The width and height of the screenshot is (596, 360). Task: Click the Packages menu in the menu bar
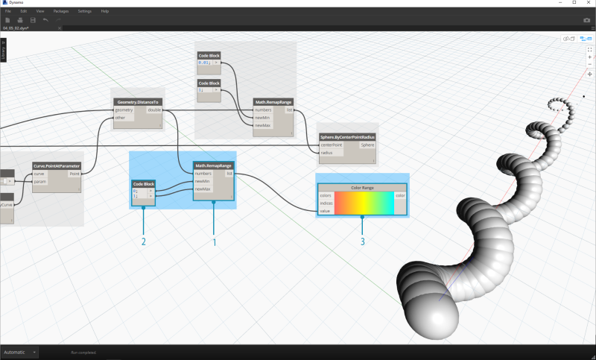click(62, 11)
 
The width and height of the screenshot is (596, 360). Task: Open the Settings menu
click(84, 11)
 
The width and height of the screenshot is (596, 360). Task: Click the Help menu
click(104, 11)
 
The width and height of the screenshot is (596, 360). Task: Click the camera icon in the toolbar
click(586, 20)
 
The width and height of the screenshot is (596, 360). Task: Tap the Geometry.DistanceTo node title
click(138, 101)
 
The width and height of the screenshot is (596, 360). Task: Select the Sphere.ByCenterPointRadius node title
click(347, 138)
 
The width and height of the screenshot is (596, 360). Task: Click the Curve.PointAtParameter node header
click(57, 165)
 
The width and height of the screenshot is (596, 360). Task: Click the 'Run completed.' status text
click(83, 352)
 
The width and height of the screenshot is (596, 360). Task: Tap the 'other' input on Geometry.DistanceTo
click(119, 117)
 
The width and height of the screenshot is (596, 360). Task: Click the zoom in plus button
click(590, 57)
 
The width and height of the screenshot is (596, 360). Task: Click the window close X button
click(587, 3)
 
